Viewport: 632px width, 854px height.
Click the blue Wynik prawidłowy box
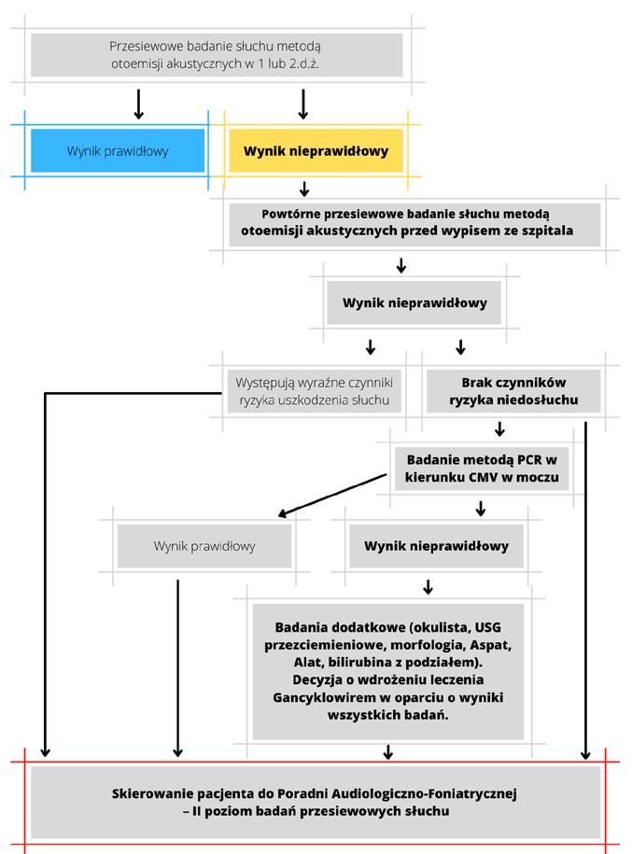point(118,151)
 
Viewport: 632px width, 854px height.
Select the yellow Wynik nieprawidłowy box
point(316,151)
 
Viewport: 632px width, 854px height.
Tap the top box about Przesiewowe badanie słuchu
point(217,54)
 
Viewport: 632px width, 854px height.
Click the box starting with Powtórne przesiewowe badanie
point(414,224)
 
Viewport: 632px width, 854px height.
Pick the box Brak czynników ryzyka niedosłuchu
point(513,391)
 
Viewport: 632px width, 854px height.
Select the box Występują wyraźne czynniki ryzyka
point(315,391)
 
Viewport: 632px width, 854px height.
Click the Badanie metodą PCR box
point(482,469)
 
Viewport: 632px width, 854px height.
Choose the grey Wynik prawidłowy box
point(204,546)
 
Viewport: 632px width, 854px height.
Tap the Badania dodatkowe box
point(388,671)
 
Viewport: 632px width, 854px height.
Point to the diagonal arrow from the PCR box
point(332,495)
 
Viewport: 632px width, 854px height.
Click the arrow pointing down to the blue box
point(138,104)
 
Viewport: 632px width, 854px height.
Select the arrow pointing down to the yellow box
point(303,104)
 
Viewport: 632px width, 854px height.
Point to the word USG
point(487,627)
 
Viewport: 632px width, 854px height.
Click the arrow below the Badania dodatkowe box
point(388,751)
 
